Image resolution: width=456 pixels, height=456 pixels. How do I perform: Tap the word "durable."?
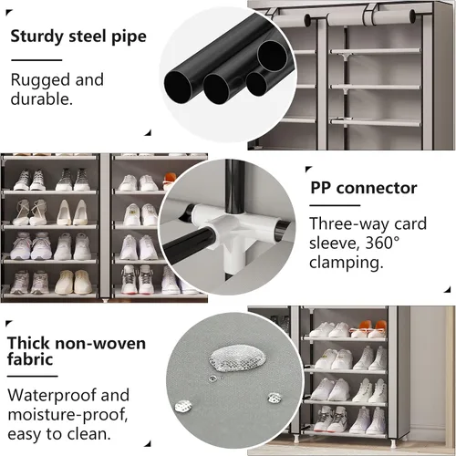42,99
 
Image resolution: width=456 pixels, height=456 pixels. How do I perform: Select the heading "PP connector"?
364,188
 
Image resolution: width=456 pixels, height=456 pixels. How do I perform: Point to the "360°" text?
382,243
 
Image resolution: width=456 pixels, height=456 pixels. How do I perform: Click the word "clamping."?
347,262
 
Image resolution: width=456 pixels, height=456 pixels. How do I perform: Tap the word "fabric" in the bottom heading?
30,359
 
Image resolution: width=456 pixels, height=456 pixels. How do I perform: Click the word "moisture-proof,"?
67,415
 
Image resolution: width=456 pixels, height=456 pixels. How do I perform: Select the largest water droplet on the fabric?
237,358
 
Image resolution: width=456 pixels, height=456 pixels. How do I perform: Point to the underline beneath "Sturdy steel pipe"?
36,60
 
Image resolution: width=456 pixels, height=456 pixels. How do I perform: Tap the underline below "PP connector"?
335,205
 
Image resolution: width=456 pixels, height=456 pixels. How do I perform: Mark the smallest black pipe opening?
256,84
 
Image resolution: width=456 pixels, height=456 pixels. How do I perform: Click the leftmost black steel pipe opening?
178,88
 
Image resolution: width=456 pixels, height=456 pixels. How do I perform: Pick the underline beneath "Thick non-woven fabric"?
33,376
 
